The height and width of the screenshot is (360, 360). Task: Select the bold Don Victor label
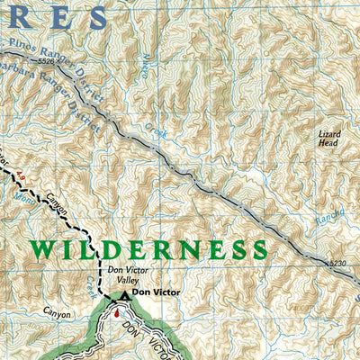(155, 292)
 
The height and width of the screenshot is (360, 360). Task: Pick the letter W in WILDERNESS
(46, 249)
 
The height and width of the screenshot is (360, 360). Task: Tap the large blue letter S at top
(93, 16)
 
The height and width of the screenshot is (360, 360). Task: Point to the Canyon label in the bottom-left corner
(55, 314)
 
